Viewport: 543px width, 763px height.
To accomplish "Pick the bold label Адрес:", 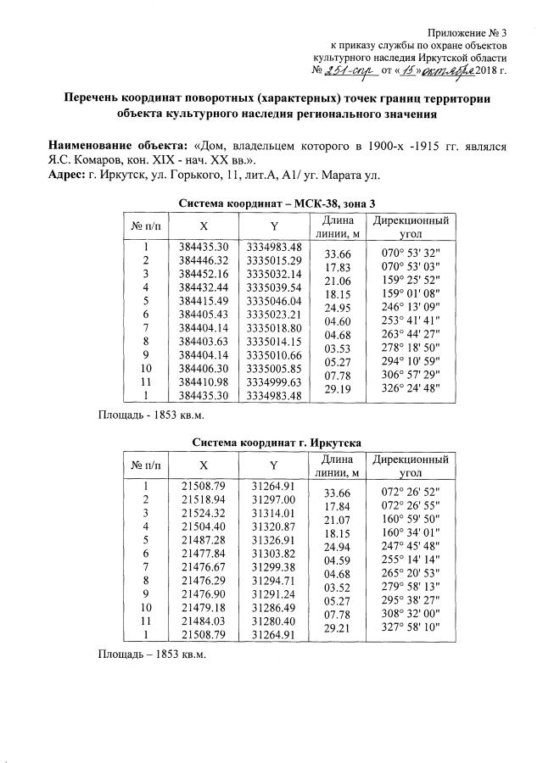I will (66, 175).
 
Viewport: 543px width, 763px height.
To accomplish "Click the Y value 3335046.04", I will (274, 301).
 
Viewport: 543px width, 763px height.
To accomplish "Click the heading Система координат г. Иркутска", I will (277, 443).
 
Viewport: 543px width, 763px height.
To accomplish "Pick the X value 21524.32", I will (204, 513).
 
